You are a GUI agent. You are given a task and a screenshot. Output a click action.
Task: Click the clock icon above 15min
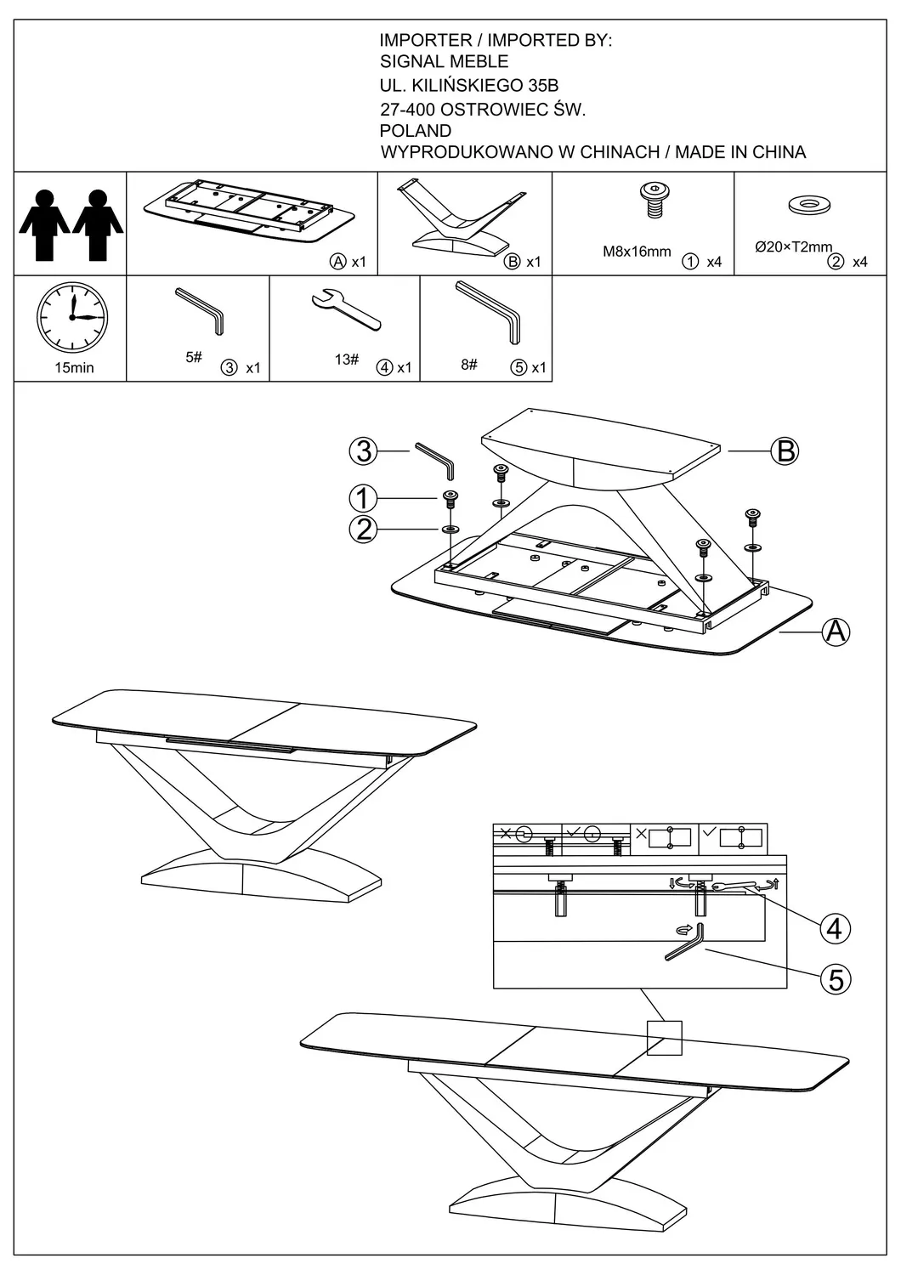point(72,318)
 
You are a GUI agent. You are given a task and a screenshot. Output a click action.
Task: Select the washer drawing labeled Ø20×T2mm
point(809,205)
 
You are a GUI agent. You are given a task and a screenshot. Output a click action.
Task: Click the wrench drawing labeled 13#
point(347,311)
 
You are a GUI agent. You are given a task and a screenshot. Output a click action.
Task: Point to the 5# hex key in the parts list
point(201,311)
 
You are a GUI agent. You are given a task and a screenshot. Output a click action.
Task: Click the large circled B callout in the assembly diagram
point(786,450)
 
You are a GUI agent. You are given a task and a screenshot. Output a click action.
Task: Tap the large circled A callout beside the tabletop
point(836,632)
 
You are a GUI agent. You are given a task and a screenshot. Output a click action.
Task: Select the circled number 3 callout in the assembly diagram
point(364,450)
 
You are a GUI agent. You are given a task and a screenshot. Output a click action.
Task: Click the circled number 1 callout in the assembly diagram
point(364,498)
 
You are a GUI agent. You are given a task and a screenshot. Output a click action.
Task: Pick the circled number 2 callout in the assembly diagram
point(364,530)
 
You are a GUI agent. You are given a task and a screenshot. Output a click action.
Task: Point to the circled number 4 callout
point(835,928)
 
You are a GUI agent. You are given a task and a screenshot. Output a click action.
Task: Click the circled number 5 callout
point(836,980)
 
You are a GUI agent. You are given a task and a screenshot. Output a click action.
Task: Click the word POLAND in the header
point(415,131)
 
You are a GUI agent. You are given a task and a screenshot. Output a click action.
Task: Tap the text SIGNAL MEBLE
point(444,61)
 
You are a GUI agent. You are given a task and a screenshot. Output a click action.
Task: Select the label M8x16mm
point(637,252)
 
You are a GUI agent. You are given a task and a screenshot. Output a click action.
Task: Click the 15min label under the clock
point(74,368)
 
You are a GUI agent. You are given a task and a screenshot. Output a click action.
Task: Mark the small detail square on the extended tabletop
point(664,1038)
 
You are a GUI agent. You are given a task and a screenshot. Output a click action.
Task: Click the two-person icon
point(71,224)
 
